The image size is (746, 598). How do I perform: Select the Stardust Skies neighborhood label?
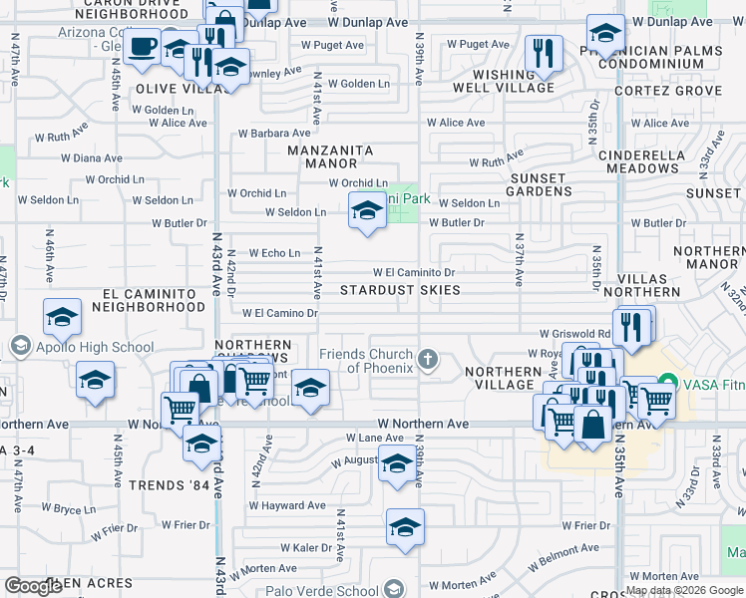click(400, 290)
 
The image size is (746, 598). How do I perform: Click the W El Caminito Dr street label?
click(414, 272)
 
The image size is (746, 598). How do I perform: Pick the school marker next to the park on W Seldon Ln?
click(367, 211)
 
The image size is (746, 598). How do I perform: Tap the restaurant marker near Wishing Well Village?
click(544, 53)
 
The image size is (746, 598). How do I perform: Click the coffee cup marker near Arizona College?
click(144, 46)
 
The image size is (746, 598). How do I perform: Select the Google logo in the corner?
click(33, 586)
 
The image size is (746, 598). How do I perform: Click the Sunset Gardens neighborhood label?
click(539, 184)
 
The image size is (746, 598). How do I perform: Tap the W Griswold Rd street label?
click(575, 334)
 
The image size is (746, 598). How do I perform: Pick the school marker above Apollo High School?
click(63, 318)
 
